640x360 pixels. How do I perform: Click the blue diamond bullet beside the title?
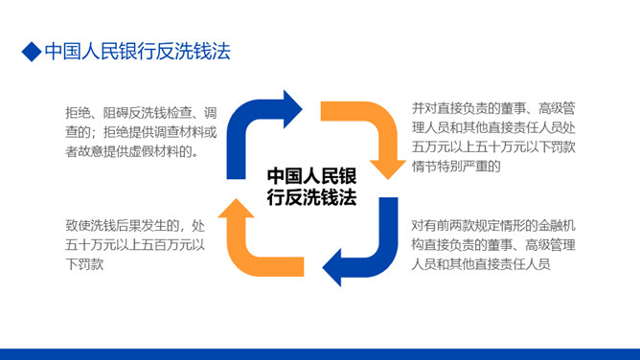[x=32, y=52]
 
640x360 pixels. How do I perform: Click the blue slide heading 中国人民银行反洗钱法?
[x=138, y=52]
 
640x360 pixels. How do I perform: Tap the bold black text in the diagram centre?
[x=311, y=187]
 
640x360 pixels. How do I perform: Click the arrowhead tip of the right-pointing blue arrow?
[x=302, y=109]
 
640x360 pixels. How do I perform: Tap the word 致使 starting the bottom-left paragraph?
[x=75, y=225]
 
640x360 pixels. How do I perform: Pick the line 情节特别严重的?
[x=456, y=167]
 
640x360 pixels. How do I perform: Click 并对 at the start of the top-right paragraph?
[x=421, y=108]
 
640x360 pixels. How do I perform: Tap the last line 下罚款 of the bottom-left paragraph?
[x=84, y=264]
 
